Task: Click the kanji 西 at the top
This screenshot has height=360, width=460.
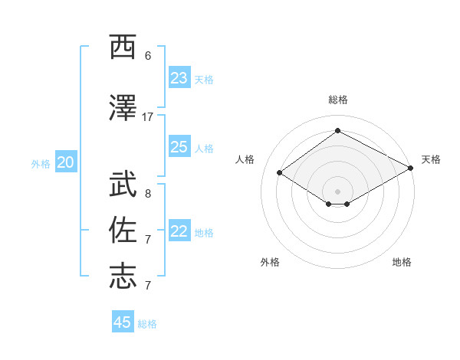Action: [x=123, y=47]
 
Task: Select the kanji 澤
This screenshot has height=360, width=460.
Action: [x=123, y=107]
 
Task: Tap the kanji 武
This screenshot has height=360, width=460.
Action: [x=123, y=185]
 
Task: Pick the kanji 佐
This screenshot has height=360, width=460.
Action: [x=123, y=231]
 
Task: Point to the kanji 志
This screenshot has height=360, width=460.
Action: [x=123, y=276]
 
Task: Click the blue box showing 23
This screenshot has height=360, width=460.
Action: [x=179, y=78]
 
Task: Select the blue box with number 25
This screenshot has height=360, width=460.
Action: [x=179, y=147]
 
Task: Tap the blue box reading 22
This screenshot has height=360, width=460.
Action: [x=179, y=231]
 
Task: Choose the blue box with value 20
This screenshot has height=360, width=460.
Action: [x=66, y=162]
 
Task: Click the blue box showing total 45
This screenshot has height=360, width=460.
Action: [x=123, y=322]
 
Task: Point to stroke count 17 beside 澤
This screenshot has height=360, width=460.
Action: [x=148, y=117]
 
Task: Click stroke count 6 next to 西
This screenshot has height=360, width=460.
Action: [x=148, y=55]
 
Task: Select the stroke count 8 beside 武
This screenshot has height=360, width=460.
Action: [x=148, y=194]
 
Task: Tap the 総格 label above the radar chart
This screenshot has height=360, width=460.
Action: [x=337, y=100]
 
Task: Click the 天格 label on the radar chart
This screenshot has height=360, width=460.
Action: [x=431, y=159]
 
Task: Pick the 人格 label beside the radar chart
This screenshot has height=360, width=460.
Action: [x=245, y=159]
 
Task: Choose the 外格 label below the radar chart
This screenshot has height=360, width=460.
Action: [x=270, y=262]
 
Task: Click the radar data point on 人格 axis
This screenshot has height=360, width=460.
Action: [x=280, y=173]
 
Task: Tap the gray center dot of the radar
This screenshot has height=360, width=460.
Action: [x=337, y=191]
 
